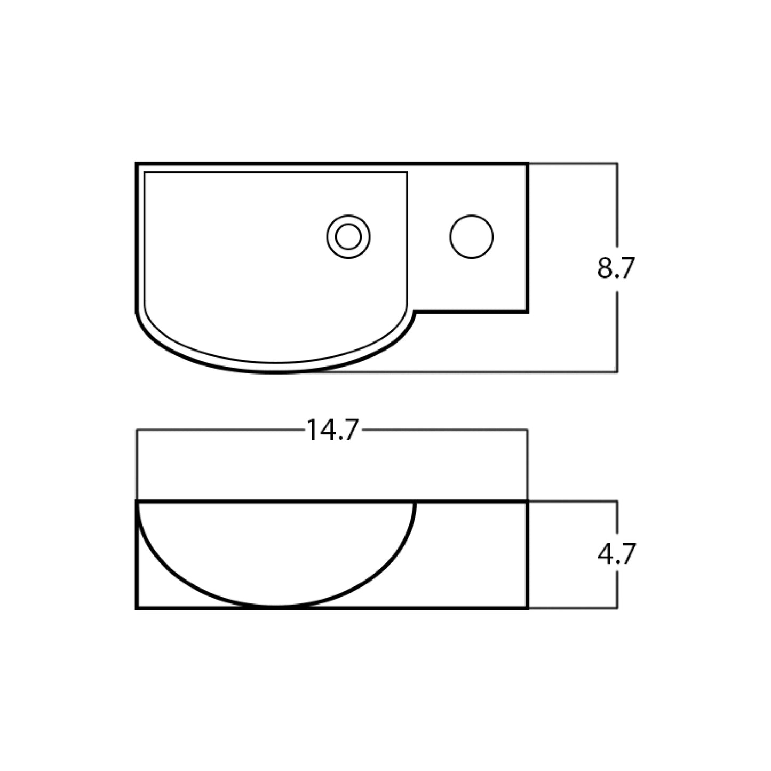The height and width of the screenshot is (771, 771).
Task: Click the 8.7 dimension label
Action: click(x=616, y=268)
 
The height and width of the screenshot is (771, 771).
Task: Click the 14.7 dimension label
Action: click(x=332, y=430)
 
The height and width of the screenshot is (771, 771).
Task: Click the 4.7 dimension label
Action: click(x=616, y=554)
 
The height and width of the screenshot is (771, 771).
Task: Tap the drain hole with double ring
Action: click(x=348, y=237)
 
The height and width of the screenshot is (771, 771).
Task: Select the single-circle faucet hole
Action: click(x=472, y=237)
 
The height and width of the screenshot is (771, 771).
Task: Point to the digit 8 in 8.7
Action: click(x=605, y=268)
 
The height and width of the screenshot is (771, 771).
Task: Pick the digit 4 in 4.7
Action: click(x=606, y=554)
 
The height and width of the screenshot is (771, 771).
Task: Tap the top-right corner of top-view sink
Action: click(x=527, y=163)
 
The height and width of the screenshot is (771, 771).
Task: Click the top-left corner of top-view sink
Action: click(x=137, y=163)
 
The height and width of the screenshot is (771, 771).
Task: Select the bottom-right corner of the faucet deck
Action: click(x=527, y=312)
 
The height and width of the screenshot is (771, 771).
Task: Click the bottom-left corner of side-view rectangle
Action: click(x=137, y=608)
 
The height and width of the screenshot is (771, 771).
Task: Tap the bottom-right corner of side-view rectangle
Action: click(x=527, y=608)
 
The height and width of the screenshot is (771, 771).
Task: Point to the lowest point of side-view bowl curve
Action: click(x=276, y=607)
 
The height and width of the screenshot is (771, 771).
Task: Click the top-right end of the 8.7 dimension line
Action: click(x=617, y=163)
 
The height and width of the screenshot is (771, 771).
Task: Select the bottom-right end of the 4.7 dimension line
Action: click(x=617, y=608)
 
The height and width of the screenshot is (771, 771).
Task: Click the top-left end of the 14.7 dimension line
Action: click(x=137, y=430)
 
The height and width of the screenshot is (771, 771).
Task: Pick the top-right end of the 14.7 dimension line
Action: click(x=527, y=430)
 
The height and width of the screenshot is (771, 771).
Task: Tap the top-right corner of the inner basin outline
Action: click(x=407, y=172)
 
